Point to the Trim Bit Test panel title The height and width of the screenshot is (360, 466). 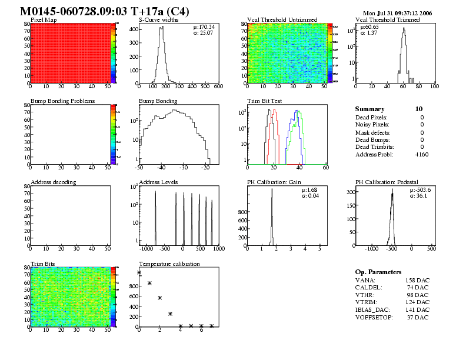tap(265, 101)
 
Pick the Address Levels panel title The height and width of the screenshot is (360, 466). tap(158, 182)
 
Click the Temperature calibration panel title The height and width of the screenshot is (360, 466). tap(169, 264)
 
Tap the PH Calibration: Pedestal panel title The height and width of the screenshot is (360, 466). tap(387, 182)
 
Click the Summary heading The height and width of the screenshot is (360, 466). tap(370, 109)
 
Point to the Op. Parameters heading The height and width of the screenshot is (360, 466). tap(378, 272)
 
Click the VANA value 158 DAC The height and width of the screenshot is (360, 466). tap(417, 281)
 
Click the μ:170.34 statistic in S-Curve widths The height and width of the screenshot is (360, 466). tap(204, 27)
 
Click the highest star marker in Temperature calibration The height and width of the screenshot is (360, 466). tap(139, 272)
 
